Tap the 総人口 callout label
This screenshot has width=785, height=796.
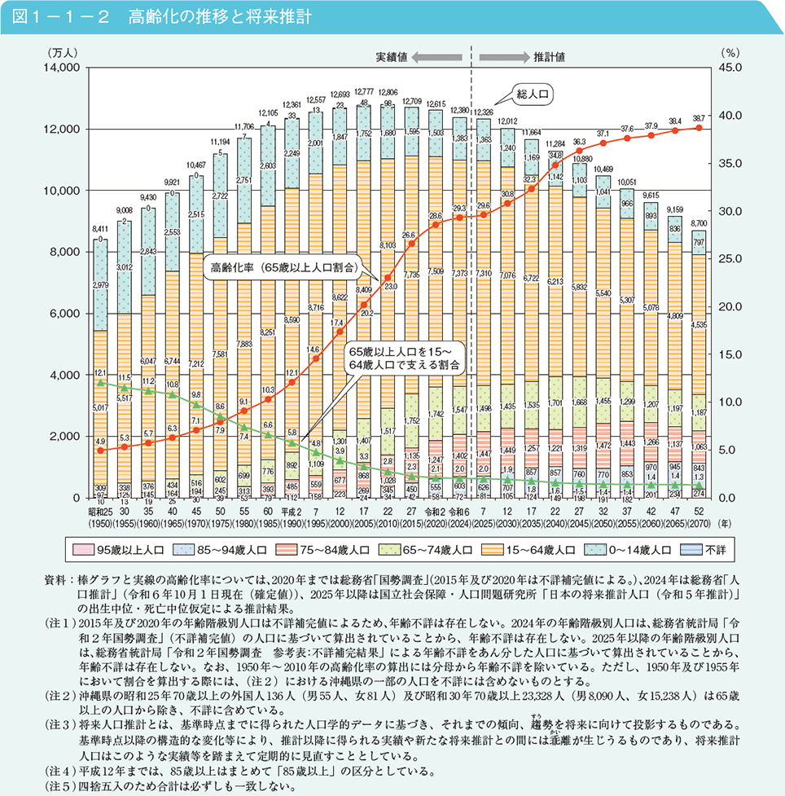[533, 94]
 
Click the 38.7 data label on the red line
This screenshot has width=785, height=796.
[699, 118]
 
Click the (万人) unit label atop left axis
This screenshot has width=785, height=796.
[62, 51]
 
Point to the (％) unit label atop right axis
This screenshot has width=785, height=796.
[730, 51]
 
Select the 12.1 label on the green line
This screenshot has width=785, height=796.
[99, 372]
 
